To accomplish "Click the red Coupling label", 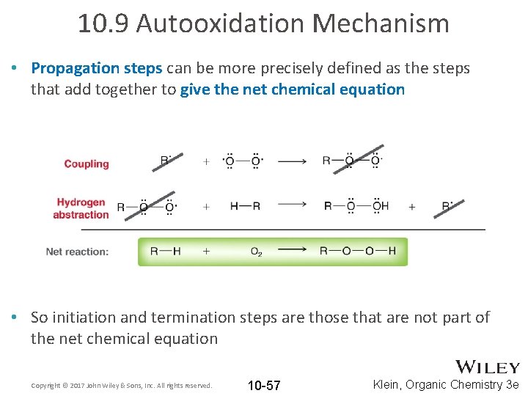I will point(87,164).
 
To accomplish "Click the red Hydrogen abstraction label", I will point(81,208).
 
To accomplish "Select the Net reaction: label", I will point(77,252).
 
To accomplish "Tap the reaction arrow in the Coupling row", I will point(293,161).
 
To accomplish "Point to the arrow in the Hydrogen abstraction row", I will point(293,206).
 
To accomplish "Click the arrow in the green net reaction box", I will point(293,251).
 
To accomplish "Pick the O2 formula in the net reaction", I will point(256,252).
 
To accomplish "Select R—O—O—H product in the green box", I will point(357,251).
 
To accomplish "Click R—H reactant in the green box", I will point(165,251).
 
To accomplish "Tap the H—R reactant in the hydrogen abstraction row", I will point(245,206).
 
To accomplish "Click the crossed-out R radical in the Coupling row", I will point(166,161).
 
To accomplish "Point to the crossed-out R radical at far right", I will point(447,206).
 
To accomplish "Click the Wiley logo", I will point(488,367).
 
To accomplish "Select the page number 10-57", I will point(264,385).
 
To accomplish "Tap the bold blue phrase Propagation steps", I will point(97,68).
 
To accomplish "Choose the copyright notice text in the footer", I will point(122,385).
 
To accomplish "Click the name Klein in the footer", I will point(389,384).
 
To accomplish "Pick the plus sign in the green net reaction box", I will point(206,251).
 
